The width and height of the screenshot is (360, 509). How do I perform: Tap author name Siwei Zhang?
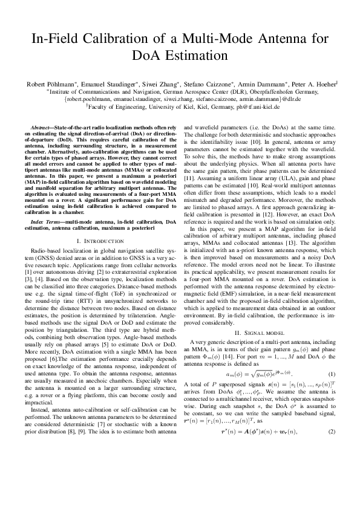[151, 83]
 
